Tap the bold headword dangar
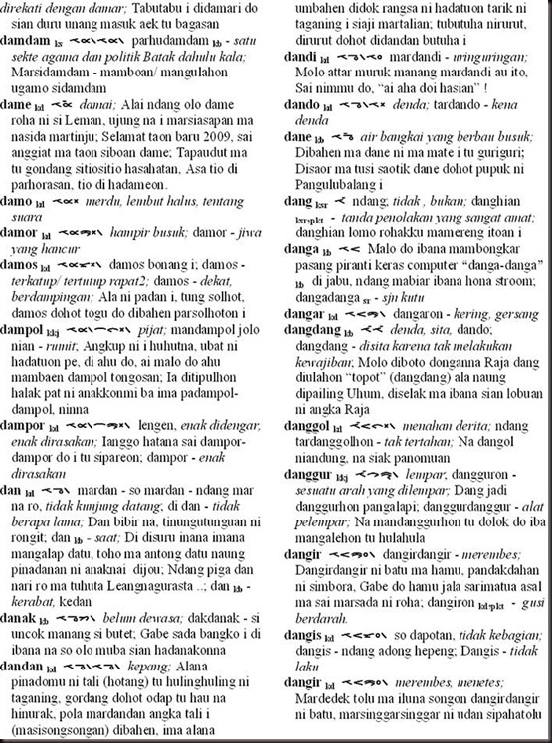coord(312,309)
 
